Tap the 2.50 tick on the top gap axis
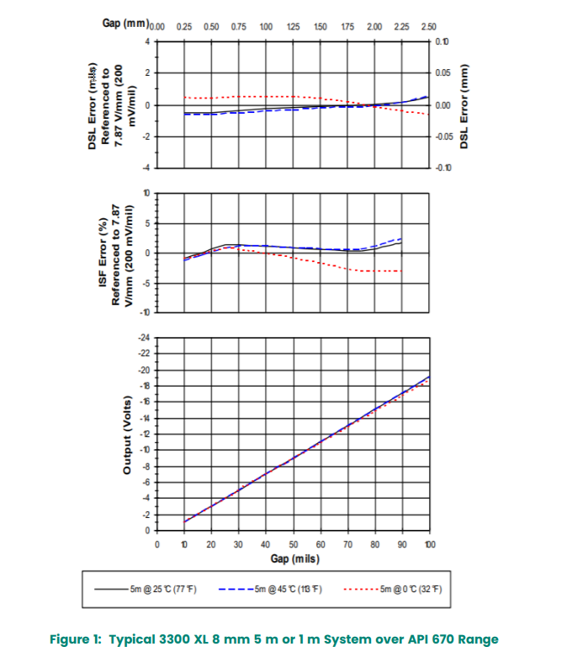[x=429, y=27]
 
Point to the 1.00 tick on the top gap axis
[x=266, y=27]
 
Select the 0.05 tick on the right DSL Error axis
[x=442, y=73]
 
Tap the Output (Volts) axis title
[x=127, y=434]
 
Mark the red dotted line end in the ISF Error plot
[x=401, y=271]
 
